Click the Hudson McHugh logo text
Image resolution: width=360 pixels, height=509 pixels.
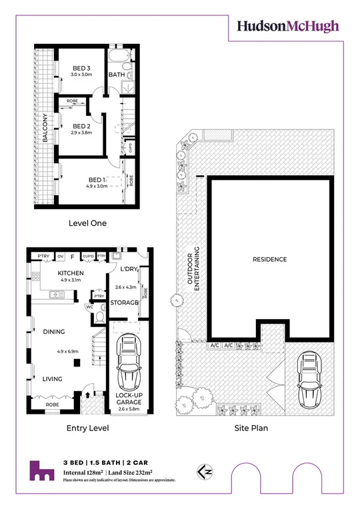288,26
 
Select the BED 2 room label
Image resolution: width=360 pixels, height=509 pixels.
81,126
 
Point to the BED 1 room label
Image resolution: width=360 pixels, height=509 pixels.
97,180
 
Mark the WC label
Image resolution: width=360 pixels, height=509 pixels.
89,308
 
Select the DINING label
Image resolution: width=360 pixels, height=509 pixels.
53,331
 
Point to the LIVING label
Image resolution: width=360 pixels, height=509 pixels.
53,379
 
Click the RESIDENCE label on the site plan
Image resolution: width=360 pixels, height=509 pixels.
269,259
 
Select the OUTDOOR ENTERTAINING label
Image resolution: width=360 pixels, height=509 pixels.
193,271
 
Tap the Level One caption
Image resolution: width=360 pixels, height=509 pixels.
87,223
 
